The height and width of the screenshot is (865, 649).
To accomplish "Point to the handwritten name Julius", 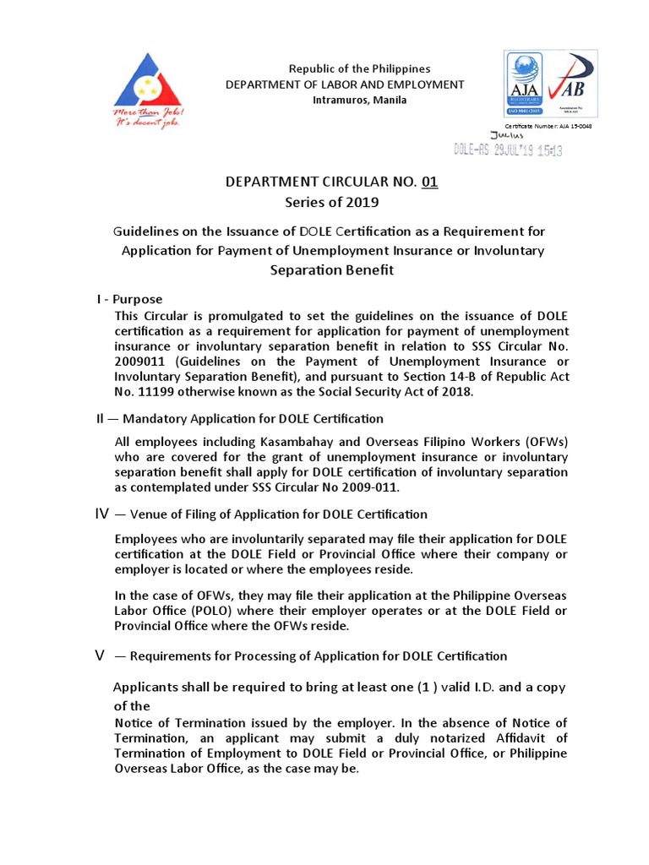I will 507,135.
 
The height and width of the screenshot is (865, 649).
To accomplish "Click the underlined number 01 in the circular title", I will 430,182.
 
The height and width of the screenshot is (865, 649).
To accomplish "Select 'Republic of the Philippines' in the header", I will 348,68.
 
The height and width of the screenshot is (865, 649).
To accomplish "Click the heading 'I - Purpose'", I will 129,299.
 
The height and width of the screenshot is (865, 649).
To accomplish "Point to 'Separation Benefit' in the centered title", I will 331,270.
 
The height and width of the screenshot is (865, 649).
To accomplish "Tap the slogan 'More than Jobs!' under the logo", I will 149,112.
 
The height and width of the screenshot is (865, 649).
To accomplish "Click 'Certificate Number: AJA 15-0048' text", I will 548,125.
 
